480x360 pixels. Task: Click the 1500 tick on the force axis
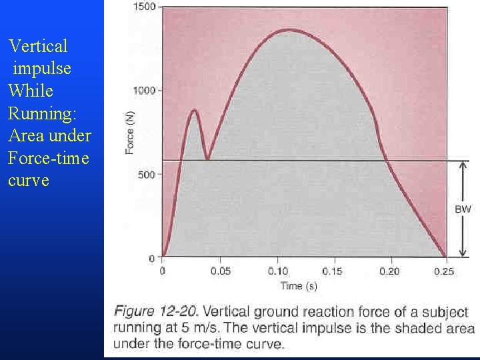pos(145,7)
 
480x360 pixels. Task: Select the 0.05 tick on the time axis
pos(221,271)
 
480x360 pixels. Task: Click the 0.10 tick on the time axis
pos(278,271)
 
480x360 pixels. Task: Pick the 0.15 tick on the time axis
pos(333,271)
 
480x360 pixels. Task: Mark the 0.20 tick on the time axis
pos(390,271)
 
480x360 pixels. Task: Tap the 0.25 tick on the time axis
pos(444,271)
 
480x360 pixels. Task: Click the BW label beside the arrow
pos(463,209)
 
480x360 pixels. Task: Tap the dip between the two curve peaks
pos(208,159)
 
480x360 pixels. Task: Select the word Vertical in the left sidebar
pos(38,47)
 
